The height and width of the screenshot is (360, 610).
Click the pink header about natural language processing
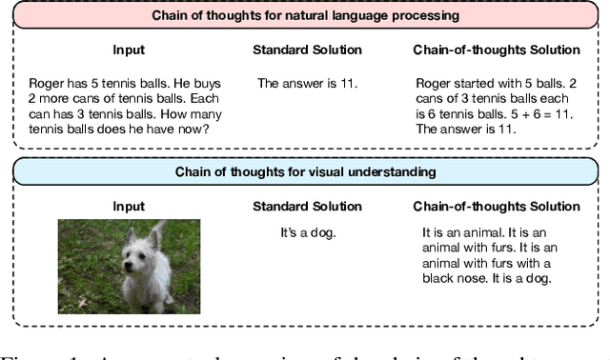(x=305, y=14)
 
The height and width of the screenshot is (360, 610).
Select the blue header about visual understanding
(x=305, y=171)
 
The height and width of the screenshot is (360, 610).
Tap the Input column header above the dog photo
(x=129, y=207)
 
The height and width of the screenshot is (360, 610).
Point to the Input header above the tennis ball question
(x=129, y=50)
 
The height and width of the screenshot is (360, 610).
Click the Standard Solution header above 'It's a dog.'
(x=307, y=207)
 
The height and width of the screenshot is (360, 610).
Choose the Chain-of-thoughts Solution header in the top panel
(x=496, y=50)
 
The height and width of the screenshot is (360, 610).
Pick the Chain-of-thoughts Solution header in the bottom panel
(x=496, y=207)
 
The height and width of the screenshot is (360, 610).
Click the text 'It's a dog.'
(x=307, y=230)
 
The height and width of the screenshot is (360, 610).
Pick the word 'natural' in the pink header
(x=316, y=14)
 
